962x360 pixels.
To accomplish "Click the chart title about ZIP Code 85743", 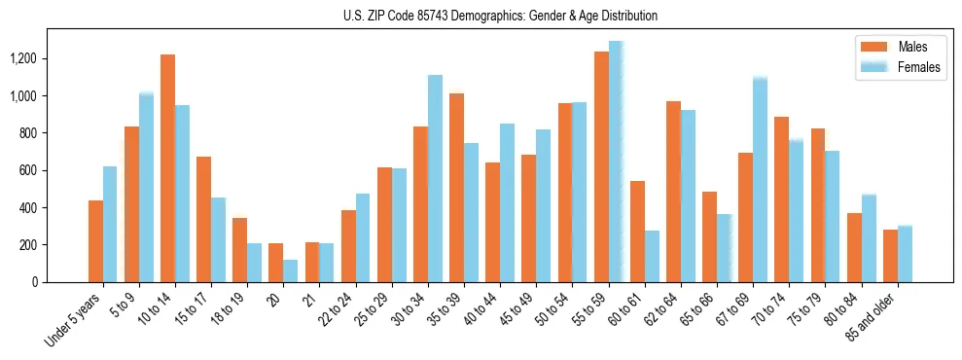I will [500, 16].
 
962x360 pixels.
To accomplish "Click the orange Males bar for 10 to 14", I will [167, 168].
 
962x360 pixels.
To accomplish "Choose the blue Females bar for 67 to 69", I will [760, 180].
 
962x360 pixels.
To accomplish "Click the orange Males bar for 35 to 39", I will [456, 188].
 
